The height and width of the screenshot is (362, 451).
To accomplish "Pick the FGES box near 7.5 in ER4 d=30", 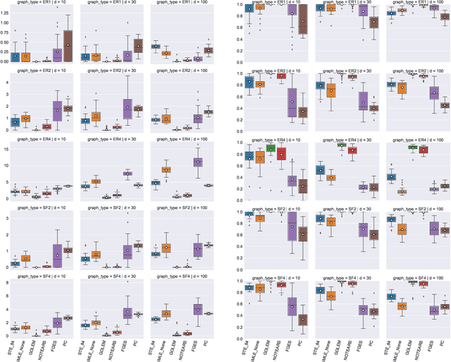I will tap(128, 173).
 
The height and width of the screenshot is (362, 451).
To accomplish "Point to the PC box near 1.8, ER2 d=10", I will tap(68, 108).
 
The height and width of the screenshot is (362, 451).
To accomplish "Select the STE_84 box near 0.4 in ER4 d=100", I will tap(391, 176).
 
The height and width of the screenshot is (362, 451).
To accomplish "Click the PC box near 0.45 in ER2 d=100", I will tap(445, 105).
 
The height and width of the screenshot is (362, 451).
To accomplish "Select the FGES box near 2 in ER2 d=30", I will tap(128, 106).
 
